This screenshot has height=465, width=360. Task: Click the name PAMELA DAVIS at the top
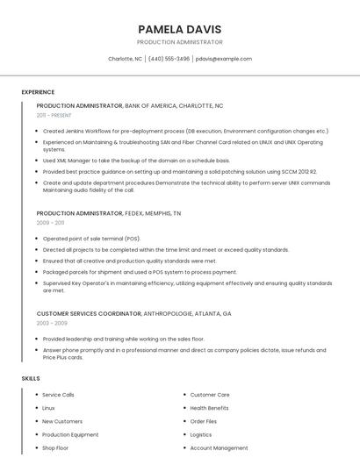[x=180, y=29]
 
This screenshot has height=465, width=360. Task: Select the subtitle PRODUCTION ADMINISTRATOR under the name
[x=180, y=42]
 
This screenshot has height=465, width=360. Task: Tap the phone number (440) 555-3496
[x=169, y=59]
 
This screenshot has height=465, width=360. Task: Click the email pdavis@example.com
[x=224, y=59]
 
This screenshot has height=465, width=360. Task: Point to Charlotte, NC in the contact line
[x=125, y=59]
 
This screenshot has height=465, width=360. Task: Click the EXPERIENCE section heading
[x=38, y=92]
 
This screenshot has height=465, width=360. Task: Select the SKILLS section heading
[x=31, y=378]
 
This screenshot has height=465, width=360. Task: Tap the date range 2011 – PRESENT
[x=54, y=115]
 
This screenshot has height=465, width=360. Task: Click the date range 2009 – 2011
[x=50, y=223]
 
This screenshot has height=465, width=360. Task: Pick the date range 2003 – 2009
[x=51, y=323]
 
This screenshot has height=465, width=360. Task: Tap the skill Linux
[x=48, y=408]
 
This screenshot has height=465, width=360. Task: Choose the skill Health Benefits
[x=209, y=408]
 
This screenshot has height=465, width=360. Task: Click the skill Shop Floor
[x=55, y=447]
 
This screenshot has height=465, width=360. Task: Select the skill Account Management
[x=219, y=447]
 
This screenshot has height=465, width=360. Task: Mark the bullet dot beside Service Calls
[x=36, y=395]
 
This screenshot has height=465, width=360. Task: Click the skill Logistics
[x=201, y=434]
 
